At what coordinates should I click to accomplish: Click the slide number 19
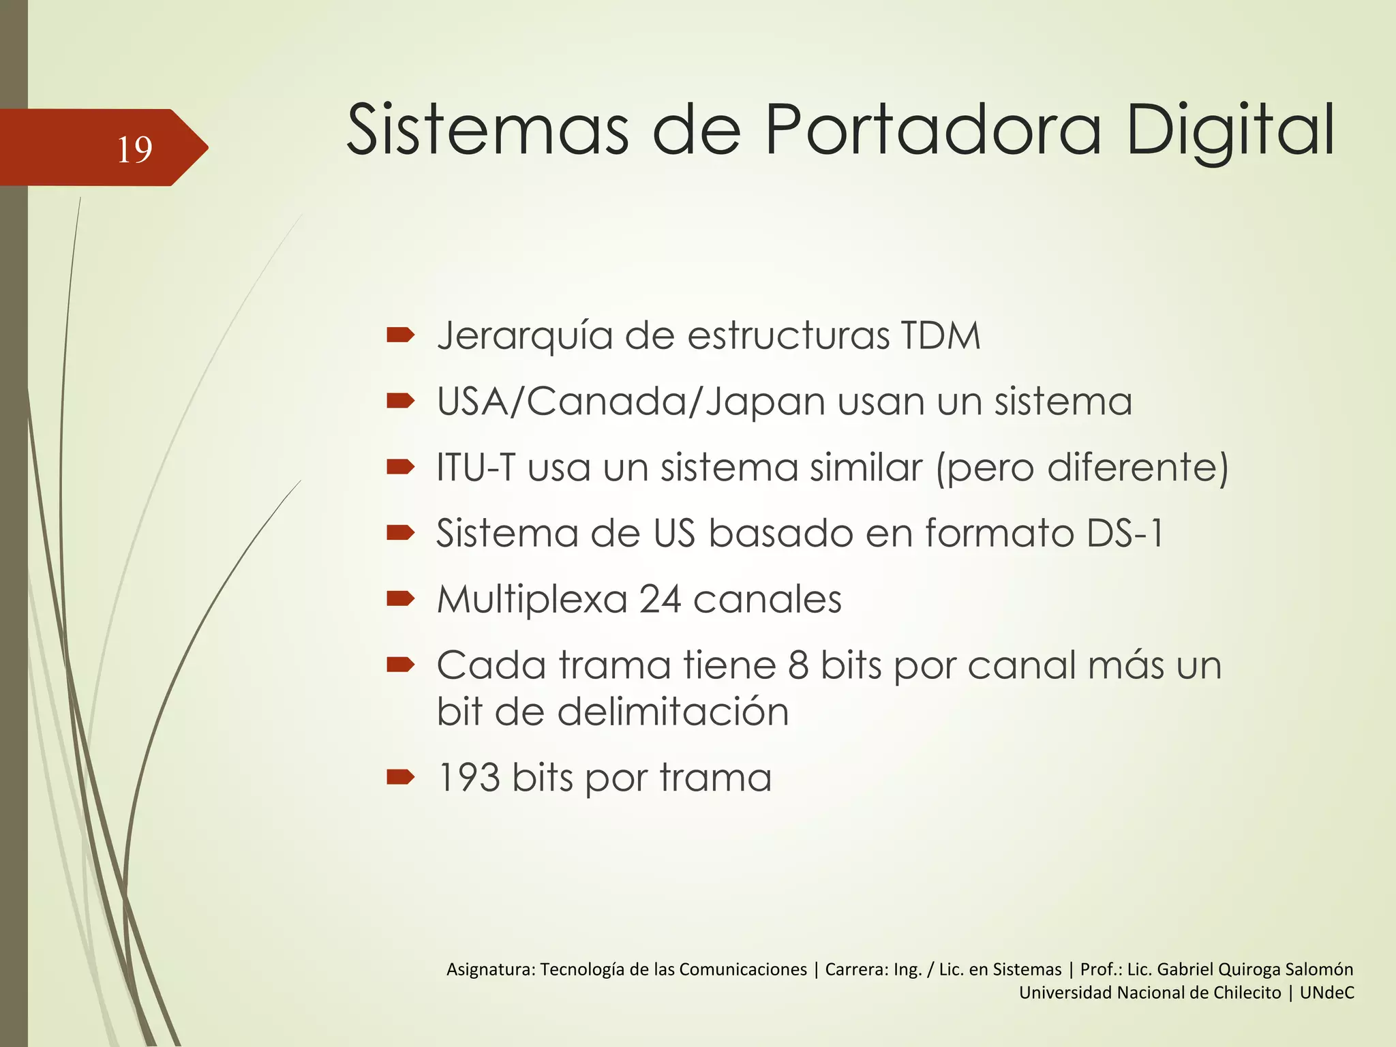tap(134, 149)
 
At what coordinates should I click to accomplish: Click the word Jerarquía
tap(525, 337)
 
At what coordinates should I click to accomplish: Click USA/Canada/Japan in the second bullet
tap(631, 401)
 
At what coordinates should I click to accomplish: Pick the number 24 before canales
tap(660, 600)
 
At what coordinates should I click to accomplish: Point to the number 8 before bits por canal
tap(798, 665)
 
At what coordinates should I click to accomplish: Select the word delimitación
tap(673, 712)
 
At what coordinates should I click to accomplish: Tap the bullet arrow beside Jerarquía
tap(400, 335)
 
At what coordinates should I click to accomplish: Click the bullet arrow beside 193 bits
tap(400, 776)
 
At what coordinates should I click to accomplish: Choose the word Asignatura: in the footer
tap(491, 969)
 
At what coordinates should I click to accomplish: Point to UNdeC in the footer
tap(1326, 992)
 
